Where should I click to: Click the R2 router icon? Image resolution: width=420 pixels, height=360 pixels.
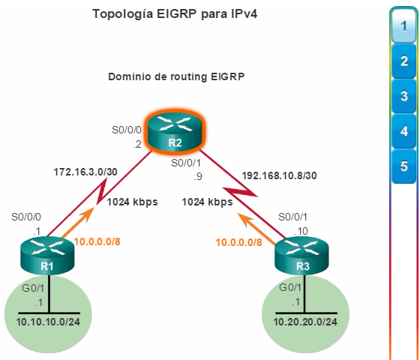pos(175,132)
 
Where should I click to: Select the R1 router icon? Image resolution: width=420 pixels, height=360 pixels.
pos(47,256)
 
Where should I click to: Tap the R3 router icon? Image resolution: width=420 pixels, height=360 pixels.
pos(301,256)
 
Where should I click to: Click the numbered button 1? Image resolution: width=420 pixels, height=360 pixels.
pos(404,26)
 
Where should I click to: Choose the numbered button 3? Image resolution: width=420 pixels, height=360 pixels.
pos(404,96)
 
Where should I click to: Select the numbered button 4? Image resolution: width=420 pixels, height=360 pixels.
pos(404,131)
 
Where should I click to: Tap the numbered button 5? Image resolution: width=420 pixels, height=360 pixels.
pos(404,166)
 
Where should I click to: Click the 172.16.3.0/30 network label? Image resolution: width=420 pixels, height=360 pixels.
pos(85,172)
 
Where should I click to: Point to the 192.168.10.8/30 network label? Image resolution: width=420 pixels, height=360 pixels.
pos(279,175)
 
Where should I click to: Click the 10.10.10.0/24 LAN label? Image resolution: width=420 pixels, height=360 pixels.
pos(48,322)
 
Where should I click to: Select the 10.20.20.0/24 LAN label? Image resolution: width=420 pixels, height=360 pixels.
pos(305,322)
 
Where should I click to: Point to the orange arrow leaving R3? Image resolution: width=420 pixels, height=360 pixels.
pos(256,229)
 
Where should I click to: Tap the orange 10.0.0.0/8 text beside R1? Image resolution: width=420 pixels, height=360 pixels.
pos(97,241)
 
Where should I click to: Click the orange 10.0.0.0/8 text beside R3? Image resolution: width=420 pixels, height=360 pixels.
pos(238,242)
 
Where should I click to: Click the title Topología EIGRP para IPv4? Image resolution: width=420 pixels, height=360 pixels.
pos(175,14)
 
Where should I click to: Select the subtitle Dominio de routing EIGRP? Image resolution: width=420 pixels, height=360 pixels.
pos(176,76)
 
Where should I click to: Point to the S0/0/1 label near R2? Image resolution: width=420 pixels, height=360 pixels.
pos(186,163)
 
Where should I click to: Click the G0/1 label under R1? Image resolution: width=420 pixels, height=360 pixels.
pos(33,288)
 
